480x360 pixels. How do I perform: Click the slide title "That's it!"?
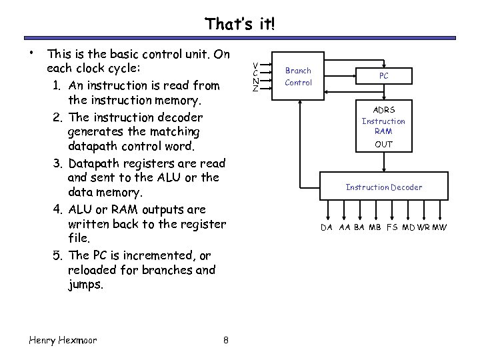click(x=239, y=25)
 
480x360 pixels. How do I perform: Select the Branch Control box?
click(x=298, y=77)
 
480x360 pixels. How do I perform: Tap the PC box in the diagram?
click(x=383, y=76)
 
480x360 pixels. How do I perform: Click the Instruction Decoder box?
click(x=383, y=187)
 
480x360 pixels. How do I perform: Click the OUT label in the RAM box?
click(x=383, y=144)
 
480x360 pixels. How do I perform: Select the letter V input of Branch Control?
click(x=255, y=65)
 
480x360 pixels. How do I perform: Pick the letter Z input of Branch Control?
click(x=255, y=89)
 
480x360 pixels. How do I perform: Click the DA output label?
click(x=327, y=228)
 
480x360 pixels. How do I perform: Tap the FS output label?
click(x=391, y=228)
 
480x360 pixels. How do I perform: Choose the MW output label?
click(x=440, y=228)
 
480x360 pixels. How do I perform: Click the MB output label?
click(x=375, y=228)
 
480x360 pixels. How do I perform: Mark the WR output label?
click(x=423, y=228)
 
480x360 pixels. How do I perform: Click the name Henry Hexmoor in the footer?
click(x=63, y=340)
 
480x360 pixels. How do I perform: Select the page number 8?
click(x=226, y=340)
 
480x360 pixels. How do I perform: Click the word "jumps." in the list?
click(x=86, y=285)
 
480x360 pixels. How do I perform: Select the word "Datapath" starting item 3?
click(x=94, y=163)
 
